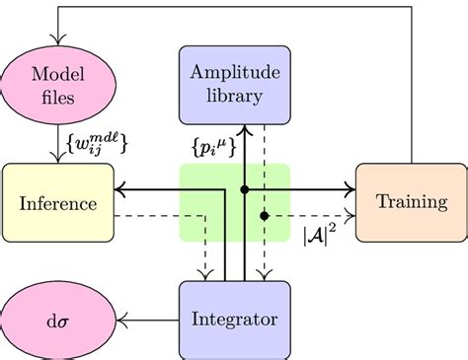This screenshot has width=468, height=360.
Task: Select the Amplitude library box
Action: click(x=234, y=84)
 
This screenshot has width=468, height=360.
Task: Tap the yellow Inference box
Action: click(x=57, y=203)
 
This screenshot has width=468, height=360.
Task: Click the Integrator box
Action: click(x=234, y=319)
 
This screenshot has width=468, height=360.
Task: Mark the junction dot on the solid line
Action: click(x=244, y=187)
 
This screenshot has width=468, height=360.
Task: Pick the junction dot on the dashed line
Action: click(x=264, y=215)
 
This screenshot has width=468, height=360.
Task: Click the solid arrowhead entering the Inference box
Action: click(x=120, y=187)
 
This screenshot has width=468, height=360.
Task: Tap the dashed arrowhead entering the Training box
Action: click(x=349, y=215)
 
